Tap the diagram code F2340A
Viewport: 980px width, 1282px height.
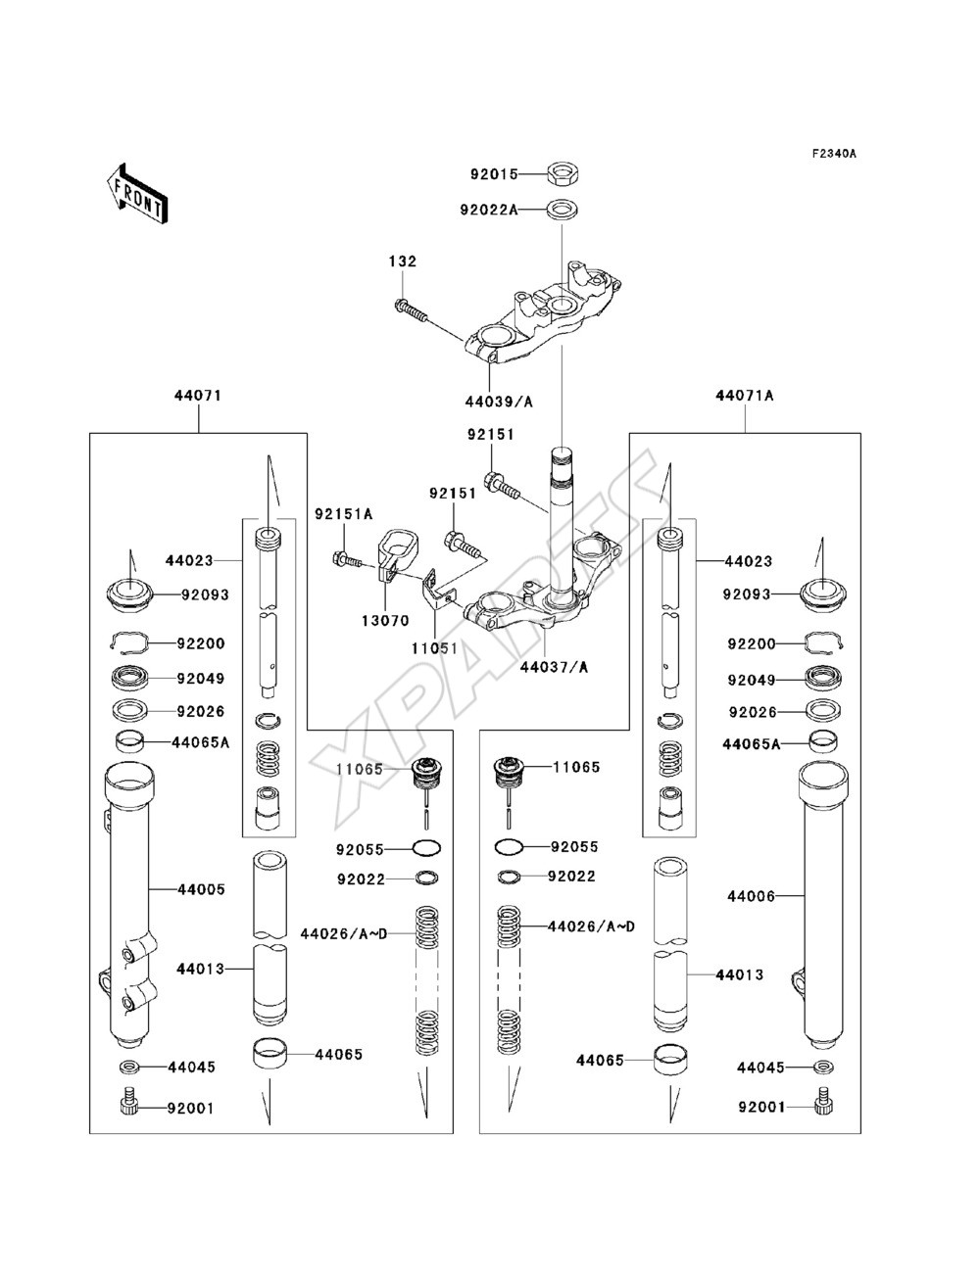(833, 154)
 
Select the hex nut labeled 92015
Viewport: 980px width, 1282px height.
(563, 173)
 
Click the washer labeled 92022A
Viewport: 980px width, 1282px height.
(563, 209)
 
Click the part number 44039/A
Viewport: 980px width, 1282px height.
(499, 402)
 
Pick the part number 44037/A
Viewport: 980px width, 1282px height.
(554, 666)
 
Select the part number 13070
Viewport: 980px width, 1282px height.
(385, 620)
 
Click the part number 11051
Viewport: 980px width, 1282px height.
(435, 648)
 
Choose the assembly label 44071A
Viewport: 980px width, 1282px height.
(745, 396)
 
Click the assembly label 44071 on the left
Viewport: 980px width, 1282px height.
(198, 396)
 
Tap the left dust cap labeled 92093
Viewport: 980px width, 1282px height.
(129, 595)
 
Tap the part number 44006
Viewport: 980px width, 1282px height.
(752, 896)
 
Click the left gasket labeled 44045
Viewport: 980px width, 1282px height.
(129, 1067)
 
